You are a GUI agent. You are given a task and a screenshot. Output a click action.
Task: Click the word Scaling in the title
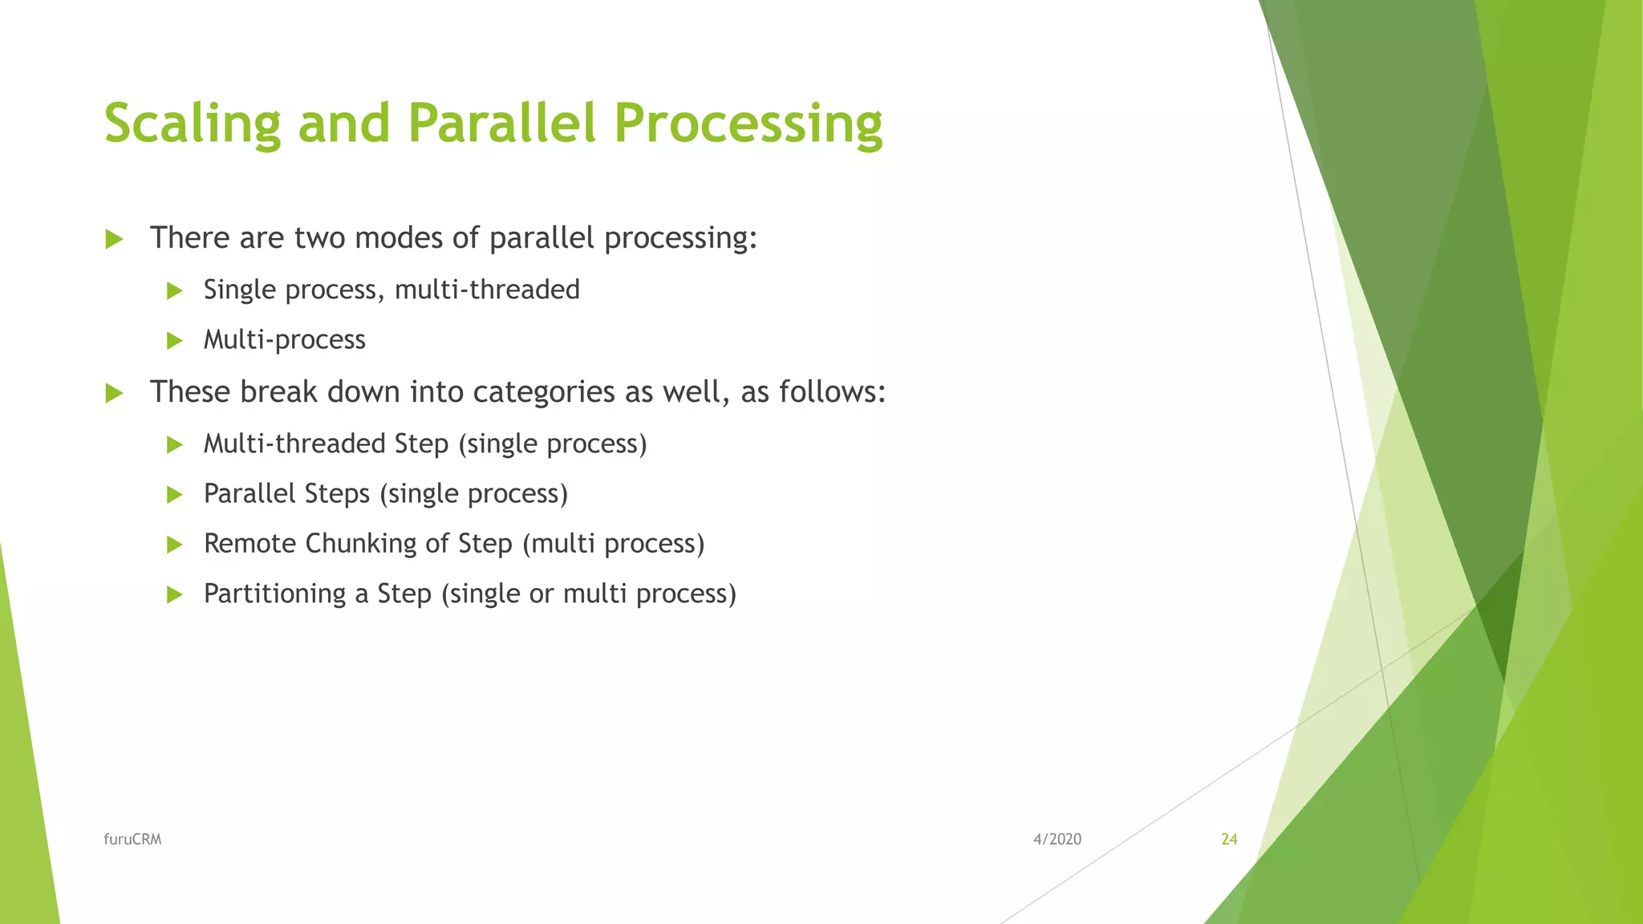[193, 124]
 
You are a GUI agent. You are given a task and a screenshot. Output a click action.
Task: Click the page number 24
[1229, 839]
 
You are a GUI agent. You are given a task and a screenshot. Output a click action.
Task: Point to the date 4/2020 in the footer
[1057, 839]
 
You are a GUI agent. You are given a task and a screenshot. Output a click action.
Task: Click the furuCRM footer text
[132, 839]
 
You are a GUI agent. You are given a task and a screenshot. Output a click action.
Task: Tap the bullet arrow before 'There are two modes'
[114, 239]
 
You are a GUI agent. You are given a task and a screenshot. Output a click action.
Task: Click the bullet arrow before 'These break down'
[114, 393]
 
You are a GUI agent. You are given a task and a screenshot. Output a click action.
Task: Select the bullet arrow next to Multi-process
[174, 341]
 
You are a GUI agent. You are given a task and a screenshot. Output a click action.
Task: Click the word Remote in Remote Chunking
[249, 543]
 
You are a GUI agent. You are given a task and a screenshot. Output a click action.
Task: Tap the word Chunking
[361, 543]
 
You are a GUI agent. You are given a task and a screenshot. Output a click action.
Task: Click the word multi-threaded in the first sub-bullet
[487, 290]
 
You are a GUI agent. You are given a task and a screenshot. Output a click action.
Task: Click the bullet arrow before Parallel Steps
[174, 495]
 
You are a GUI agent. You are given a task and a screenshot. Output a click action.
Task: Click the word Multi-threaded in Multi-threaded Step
[294, 444]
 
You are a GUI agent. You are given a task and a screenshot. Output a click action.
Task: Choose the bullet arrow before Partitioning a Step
[174, 594]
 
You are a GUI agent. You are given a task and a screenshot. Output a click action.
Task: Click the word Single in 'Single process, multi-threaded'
[240, 290]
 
